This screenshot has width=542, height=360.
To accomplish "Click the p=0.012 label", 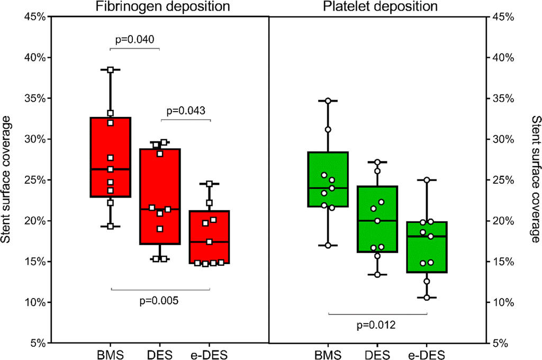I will pos(377,325).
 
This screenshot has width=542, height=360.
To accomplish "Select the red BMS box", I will pos(111,157).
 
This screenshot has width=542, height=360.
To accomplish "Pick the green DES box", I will pos(377,219).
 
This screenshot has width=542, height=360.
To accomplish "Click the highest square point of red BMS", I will pos(111,70).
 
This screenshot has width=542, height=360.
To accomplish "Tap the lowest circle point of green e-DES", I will pos(427,298).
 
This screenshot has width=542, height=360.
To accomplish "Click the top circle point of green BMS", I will pos(328,101).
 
